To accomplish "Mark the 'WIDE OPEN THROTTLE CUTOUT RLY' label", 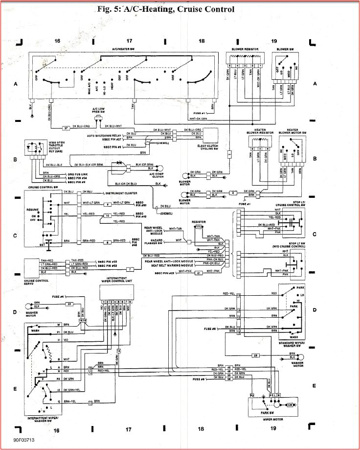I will click(58, 146).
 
